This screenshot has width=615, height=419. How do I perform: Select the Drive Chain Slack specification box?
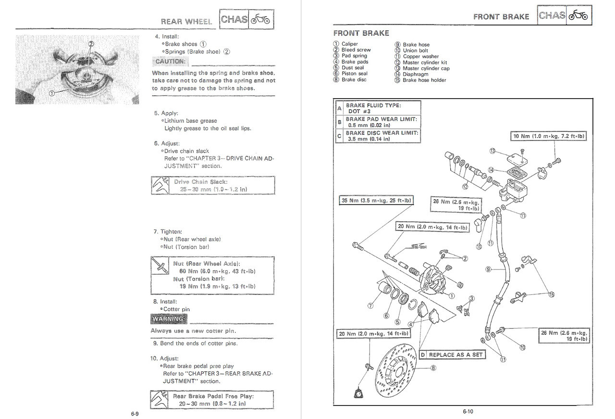(213, 186)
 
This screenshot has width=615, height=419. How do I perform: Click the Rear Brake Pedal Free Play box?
(212, 400)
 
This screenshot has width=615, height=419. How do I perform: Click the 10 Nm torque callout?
(549, 136)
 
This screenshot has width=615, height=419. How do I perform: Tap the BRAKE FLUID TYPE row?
(378, 108)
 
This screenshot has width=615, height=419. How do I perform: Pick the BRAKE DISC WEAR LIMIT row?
(378, 136)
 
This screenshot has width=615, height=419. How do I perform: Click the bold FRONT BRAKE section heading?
(361, 33)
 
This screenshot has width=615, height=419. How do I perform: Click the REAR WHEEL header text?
(186, 21)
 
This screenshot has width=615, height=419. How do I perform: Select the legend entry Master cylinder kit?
(424, 63)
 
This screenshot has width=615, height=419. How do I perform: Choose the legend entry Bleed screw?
(356, 50)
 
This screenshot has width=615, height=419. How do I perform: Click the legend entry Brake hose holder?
(424, 80)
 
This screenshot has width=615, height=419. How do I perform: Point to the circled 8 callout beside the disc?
(433, 368)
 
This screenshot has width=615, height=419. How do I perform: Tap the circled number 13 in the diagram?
(492, 151)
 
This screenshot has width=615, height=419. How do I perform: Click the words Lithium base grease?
(190, 121)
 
